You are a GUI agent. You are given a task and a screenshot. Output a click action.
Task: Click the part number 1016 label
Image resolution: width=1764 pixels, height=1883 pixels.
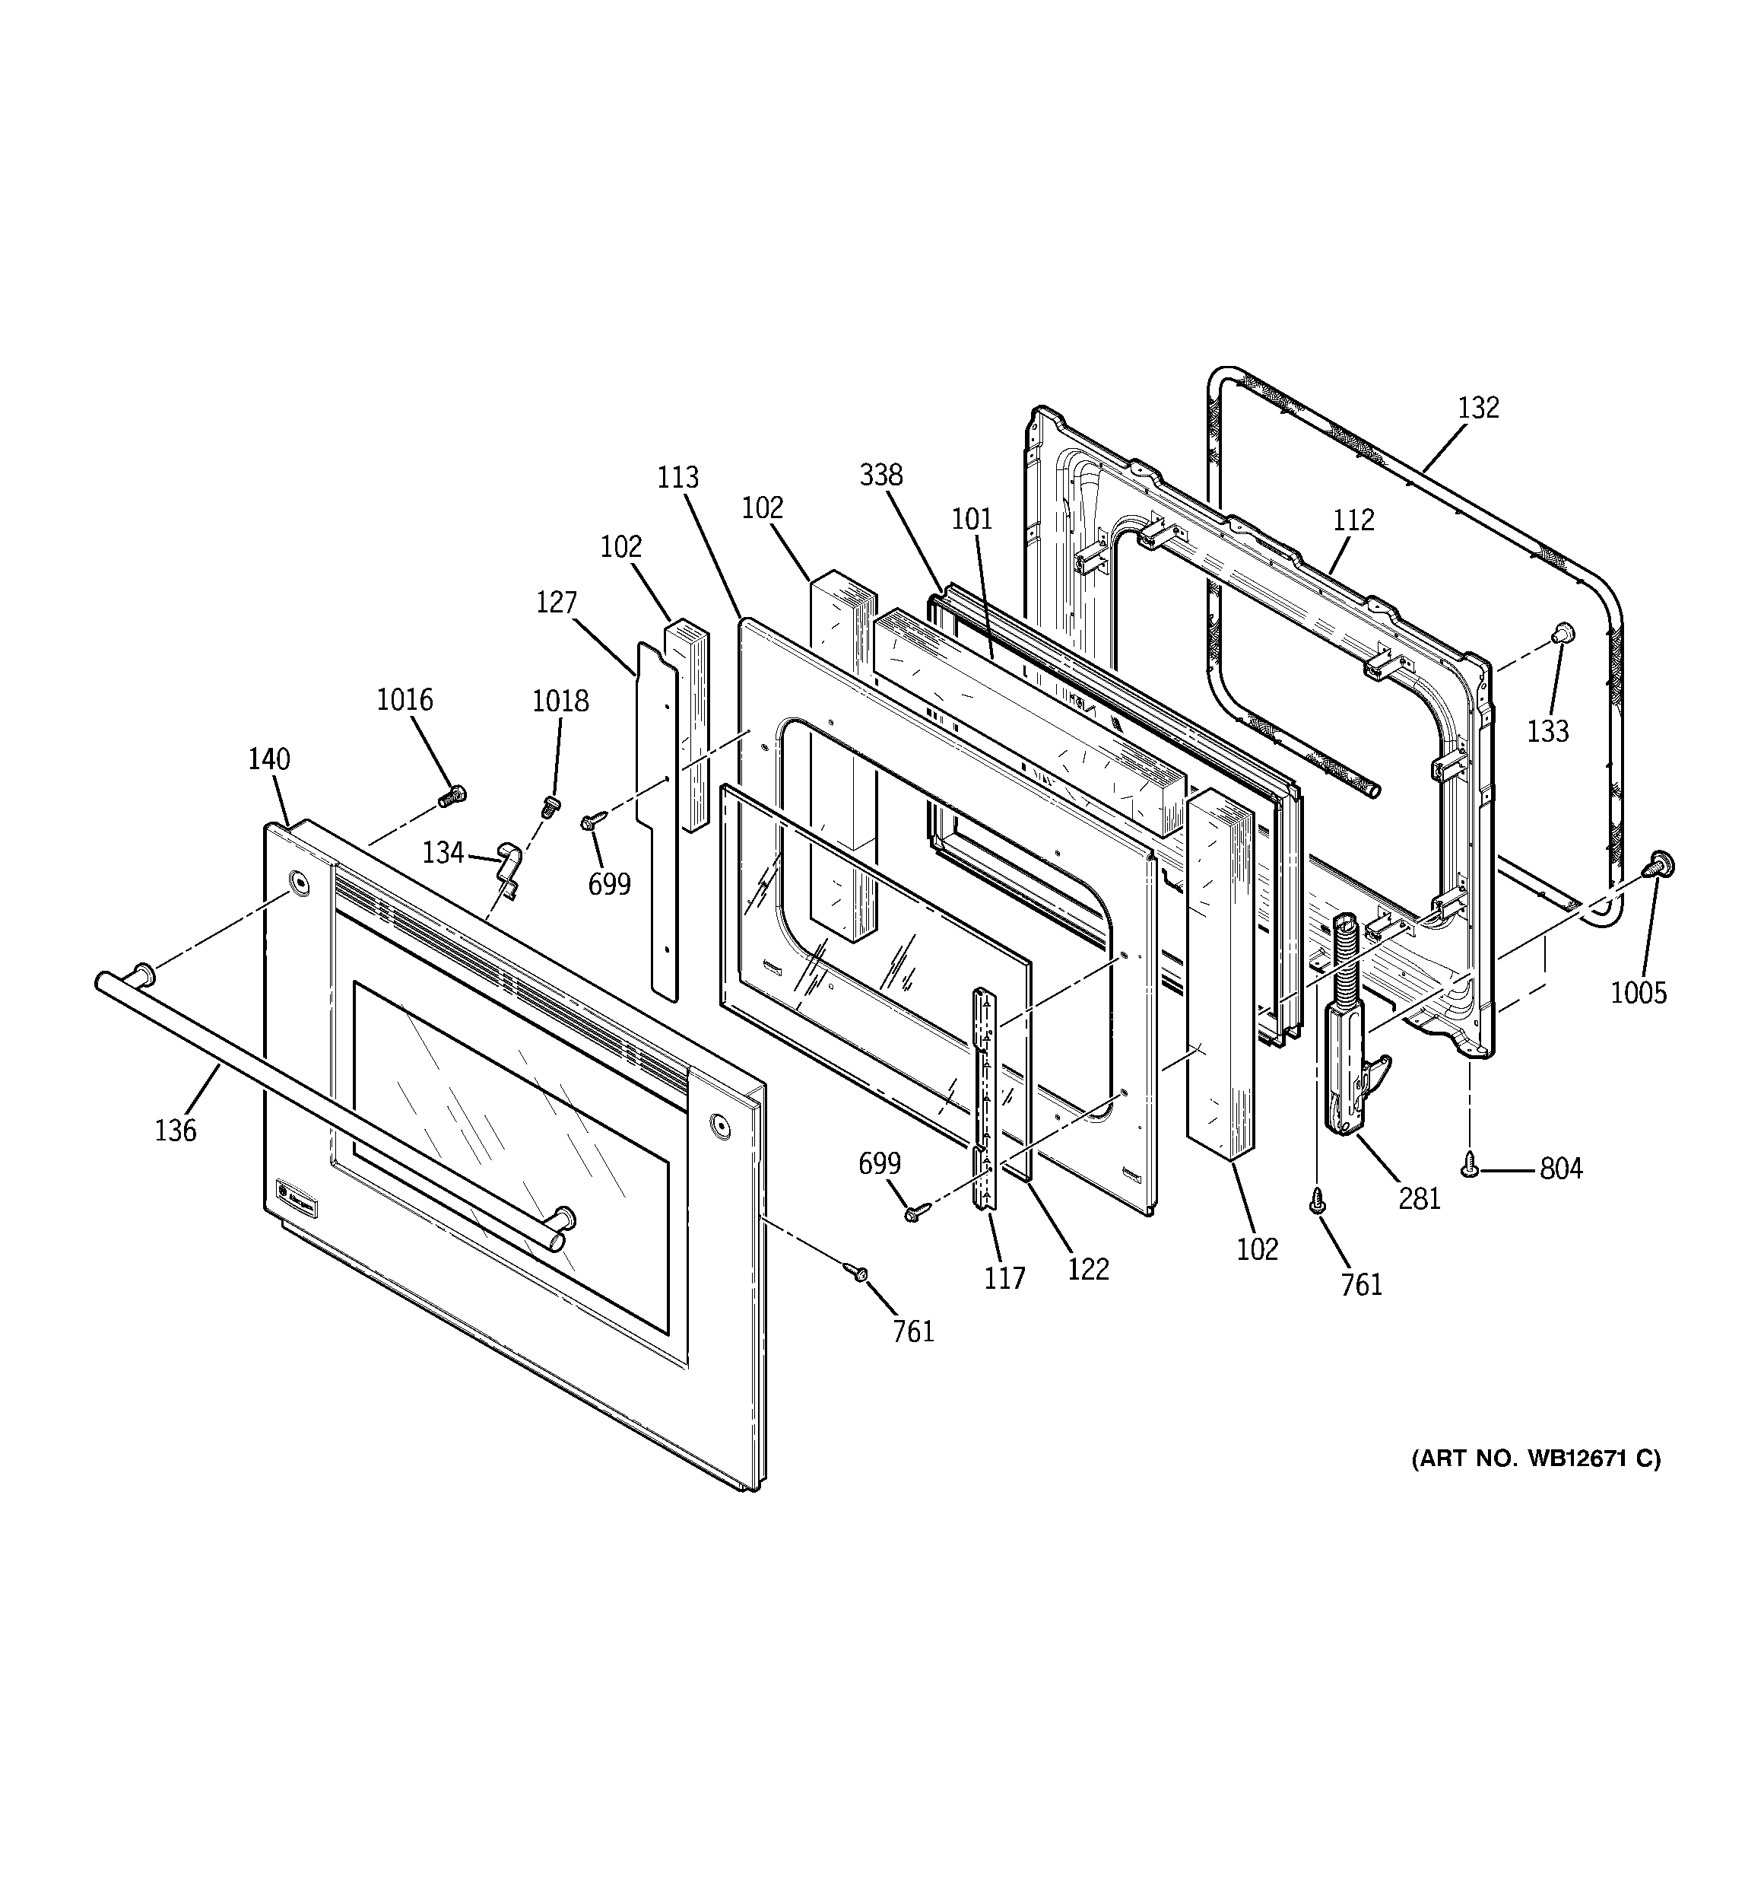tap(405, 700)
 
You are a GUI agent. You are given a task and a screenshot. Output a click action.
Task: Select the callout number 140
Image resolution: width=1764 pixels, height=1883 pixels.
tap(269, 759)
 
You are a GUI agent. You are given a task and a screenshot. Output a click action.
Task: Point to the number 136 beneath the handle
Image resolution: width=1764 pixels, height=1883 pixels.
tap(176, 1130)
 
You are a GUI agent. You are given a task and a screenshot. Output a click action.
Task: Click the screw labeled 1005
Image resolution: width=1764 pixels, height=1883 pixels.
tap(1657, 863)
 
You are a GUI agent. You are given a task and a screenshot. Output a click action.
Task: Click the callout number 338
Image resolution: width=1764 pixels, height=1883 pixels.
tap(880, 475)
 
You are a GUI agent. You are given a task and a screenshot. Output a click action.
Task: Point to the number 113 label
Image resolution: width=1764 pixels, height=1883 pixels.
tap(678, 477)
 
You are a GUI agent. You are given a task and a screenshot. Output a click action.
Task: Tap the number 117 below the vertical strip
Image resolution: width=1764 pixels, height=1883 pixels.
tap(1004, 1279)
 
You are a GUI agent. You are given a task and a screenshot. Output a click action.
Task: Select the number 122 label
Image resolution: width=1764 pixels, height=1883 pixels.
tap(1087, 1269)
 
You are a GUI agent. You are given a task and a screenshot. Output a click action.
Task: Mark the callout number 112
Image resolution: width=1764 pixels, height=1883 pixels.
tap(1353, 520)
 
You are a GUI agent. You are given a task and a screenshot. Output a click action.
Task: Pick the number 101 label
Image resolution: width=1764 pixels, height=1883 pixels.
tap(972, 519)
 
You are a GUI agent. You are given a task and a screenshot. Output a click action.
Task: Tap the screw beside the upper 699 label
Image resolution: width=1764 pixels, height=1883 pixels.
tap(592, 819)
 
